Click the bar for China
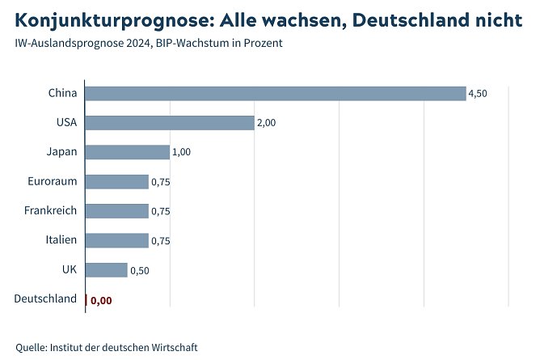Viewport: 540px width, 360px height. click(x=275, y=94)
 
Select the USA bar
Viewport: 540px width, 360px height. click(x=169, y=123)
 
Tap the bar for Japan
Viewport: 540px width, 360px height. click(x=127, y=152)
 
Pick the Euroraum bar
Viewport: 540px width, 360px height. click(x=116, y=182)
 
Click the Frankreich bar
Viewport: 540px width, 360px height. click(x=116, y=211)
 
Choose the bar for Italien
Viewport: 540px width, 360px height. click(x=116, y=240)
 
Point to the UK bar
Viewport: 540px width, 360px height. click(x=106, y=269)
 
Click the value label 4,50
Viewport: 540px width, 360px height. click(x=478, y=94)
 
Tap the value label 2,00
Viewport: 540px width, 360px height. click(x=267, y=123)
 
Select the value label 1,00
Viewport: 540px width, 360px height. click(x=182, y=153)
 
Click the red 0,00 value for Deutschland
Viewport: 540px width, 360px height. click(x=101, y=300)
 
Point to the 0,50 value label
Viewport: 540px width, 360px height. click(x=140, y=270)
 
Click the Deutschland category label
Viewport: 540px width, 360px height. click(x=46, y=299)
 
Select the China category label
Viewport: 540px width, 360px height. click(x=62, y=93)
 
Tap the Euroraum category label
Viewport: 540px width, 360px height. click(x=52, y=181)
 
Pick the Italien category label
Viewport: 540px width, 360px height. click(x=61, y=239)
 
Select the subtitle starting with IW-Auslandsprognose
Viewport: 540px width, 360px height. click(x=149, y=43)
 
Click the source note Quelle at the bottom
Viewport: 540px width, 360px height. click(x=106, y=347)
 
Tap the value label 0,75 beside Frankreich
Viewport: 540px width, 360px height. click(x=161, y=212)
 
